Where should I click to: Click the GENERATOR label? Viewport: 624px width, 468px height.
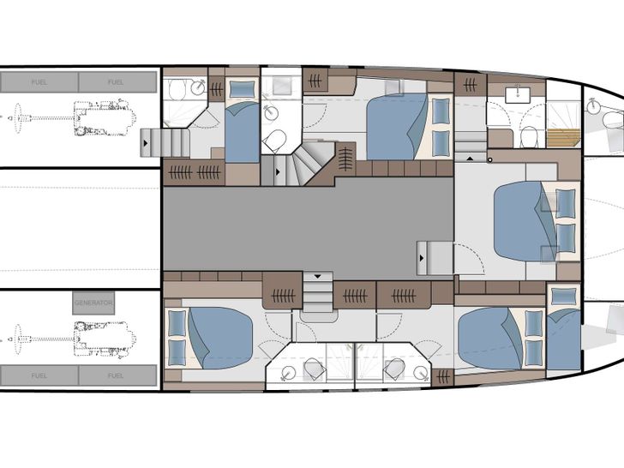[93, 303]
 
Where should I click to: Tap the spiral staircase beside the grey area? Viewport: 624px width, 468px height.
[306, 163]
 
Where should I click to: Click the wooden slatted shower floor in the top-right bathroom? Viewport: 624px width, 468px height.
[564, 137]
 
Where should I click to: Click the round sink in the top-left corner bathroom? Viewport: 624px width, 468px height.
[198, 87]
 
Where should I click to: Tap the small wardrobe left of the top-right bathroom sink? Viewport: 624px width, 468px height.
[470, 84]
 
